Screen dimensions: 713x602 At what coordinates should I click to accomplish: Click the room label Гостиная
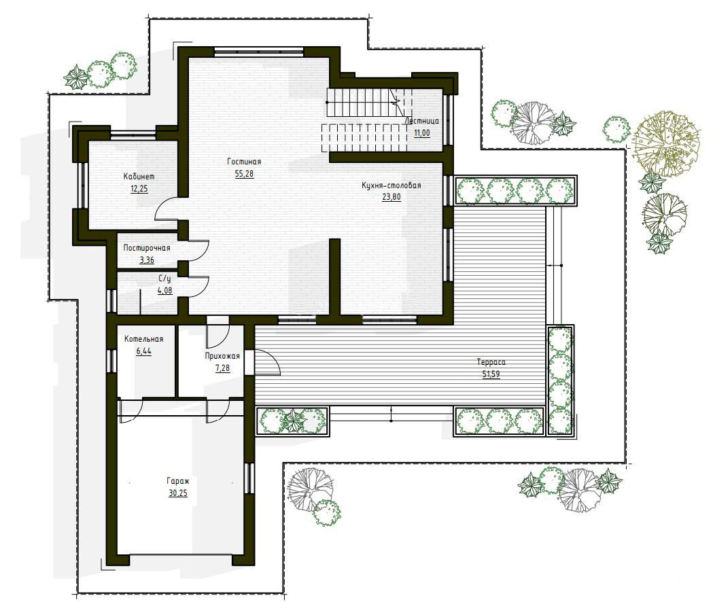(x=244, y=162)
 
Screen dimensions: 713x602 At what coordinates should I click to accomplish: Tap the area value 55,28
(x=244, y=174)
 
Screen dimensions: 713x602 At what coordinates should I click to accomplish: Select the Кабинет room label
(x=139, y=177)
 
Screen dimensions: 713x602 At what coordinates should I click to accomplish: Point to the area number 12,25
(x=139, y=189)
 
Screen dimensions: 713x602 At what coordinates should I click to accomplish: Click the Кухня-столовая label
(x=391, y=185)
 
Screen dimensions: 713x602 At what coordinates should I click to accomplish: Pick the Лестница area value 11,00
(x=421, y=133)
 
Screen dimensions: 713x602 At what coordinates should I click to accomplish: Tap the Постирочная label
(x=146, y=248)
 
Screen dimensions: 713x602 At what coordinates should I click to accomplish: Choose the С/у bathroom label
(x=164, y=279)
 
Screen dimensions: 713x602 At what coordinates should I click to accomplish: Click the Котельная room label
(x=143, y=339)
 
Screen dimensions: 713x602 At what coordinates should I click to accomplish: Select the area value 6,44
(x=143, y=351)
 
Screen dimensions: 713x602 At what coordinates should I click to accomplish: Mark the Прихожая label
(x=222, y=356)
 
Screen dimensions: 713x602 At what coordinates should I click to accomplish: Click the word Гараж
(x=178, y=480)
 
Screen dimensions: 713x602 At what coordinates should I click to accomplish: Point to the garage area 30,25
(x=178, y=493)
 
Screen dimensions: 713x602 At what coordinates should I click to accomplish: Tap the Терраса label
(x=491, y=362)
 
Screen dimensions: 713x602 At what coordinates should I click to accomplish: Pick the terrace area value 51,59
(x=491, y=374)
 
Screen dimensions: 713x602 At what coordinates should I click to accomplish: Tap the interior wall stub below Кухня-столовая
(x=335, y=277)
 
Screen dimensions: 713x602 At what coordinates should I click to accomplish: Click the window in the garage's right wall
(x=249, y=478)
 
